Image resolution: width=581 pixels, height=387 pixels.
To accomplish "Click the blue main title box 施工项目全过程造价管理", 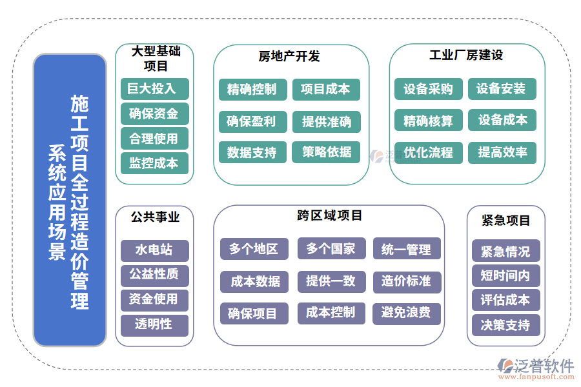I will tap(70, 200).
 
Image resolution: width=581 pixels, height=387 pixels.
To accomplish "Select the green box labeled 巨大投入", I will tap(154, 89).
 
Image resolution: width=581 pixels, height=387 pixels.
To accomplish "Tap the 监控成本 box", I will tap(154, 163).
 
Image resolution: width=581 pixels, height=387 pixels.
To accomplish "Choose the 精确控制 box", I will tap(251, 90).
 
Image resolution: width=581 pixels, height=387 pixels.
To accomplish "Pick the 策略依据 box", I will tap(327, 152).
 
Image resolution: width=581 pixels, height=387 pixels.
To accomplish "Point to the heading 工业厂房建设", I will tap(466, 55).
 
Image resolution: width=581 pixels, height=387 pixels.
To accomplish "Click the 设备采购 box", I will tap(428, 89).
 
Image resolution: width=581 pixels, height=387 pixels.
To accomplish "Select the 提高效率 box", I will tap(502, 152).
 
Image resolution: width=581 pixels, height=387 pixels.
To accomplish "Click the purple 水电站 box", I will tap(154, 250).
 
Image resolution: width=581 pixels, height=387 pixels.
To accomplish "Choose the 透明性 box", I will tap(154, 324).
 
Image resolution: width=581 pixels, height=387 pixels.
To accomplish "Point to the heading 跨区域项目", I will tap(330, 215).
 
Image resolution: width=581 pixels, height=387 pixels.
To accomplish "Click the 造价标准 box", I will tap(406, 281).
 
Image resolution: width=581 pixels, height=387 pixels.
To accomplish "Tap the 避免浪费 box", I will tap(406, 313).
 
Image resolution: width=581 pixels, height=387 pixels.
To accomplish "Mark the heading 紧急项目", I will tap(506, 221).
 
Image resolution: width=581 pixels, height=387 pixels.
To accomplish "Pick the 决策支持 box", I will tap(505, 325).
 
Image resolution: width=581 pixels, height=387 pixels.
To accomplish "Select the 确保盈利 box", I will tap(251, 121).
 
